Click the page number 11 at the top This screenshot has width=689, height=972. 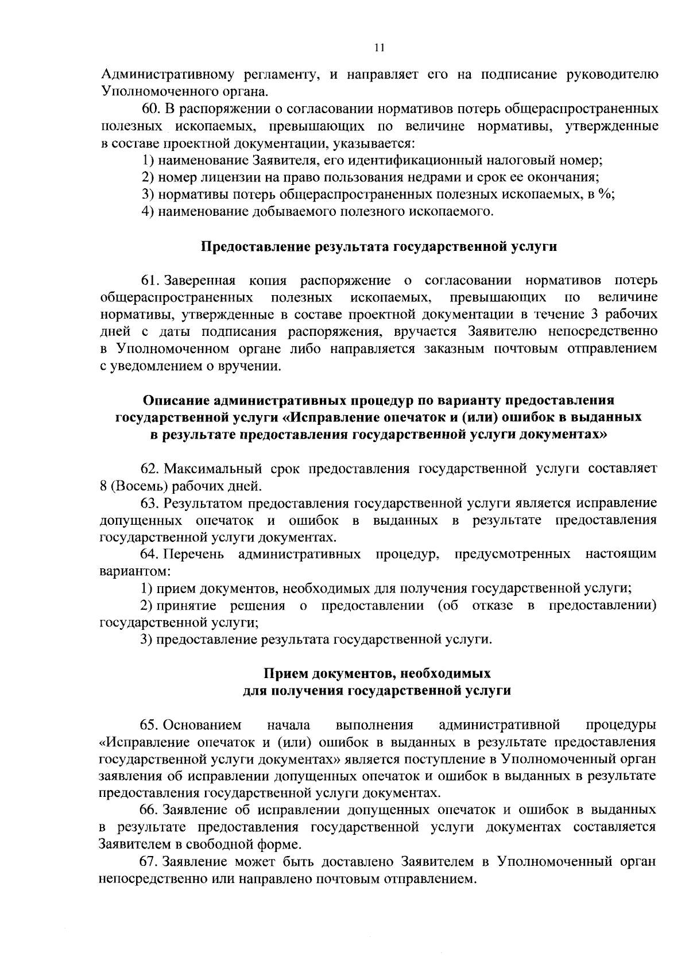coord(378,48)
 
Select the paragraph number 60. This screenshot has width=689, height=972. coord(152,109)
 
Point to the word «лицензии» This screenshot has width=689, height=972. coord(224,177)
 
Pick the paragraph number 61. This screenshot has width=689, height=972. coord(151,281)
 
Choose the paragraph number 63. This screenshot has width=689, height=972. coord(151,504)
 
